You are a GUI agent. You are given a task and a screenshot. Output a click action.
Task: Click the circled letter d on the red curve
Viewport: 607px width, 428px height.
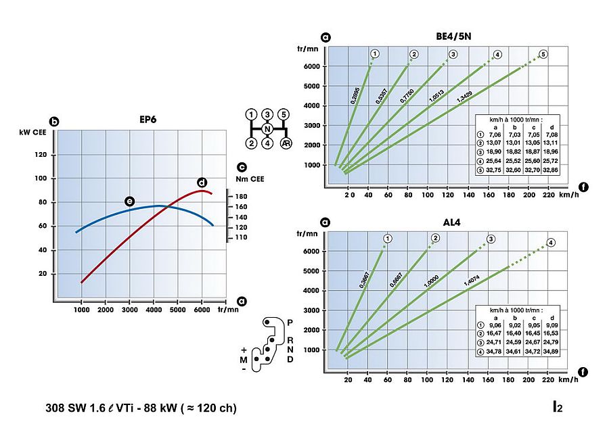click(x=201, y=183)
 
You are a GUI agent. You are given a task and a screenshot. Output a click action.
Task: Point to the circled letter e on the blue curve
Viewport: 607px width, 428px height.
click(x=129, y=201)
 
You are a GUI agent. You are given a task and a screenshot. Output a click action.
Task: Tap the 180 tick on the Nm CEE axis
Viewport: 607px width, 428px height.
click(x=241, y=196)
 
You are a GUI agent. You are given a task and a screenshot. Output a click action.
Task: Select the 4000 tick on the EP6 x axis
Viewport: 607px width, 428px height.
click(x=153, y=310)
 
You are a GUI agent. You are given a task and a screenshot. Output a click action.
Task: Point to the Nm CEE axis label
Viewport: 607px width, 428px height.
click(x=250, y=179)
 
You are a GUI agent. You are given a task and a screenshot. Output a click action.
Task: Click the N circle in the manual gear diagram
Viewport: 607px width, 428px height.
click(x=267, y=129)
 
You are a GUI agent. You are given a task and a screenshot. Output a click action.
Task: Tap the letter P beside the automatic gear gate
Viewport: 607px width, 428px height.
click(x=290, y=323)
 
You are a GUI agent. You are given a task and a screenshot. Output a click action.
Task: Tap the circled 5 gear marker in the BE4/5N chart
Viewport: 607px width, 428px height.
click(x=543, y=54)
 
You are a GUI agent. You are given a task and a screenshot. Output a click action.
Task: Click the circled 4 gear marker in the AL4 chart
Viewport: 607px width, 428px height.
click(x=552, y=243)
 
